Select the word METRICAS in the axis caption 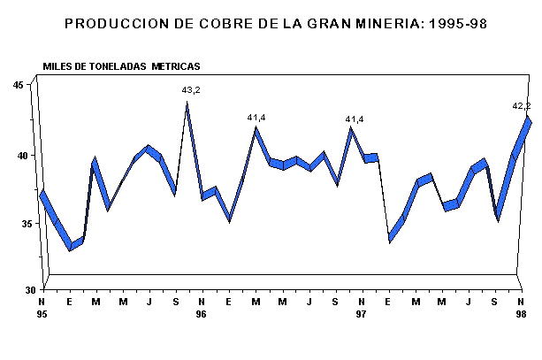pyautogui.click(x=175, y=66)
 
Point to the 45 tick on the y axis pyautogui.click(x=18, y=85)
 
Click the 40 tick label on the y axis pyautogui.click(x=18, y=155)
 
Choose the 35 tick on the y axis pyautogui.click(x=18, y=223)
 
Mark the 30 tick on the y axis pyautogui.click(x=18, y=289)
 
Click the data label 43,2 pyautogui.click(x=190, y=90)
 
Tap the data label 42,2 pyautogui.click(x=522, y=106)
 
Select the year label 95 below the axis pyautogui.click(x=42, y=314)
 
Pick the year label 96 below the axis pyautogui.click(x=202, y=314)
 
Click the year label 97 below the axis pyautogui.click(x=361, y=314)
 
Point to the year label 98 pyautogui.click(x=522, y=314)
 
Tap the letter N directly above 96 pyautogui.click(x=202, y=302)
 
